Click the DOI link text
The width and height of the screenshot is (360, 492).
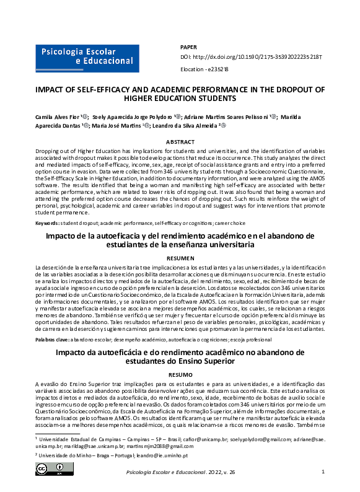[250, 56]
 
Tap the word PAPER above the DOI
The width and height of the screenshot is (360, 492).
[188, 47]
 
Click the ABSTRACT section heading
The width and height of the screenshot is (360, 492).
[180, 142]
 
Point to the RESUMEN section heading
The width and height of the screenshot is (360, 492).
[180, 257]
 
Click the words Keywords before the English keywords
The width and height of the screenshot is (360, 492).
[47, 222]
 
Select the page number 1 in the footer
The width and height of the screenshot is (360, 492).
[323, 472]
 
